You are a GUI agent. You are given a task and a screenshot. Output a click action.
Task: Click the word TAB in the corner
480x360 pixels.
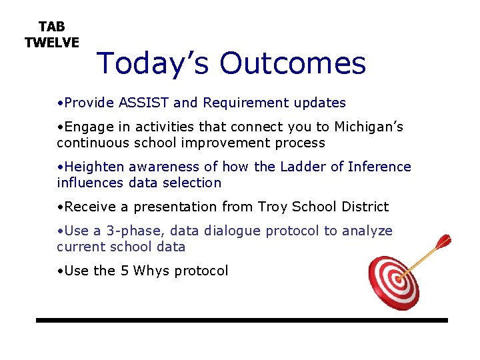pyautogui.click(x=52, y=27)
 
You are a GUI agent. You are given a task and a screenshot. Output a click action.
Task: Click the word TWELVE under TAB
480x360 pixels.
pyautogui.click(x=52, y=43)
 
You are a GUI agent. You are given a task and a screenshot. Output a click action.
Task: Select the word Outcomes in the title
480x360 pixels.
pyautogui.click(x=293, y=63)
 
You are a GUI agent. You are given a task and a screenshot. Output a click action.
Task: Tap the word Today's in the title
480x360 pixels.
pyautogui.click(x=154, y=63)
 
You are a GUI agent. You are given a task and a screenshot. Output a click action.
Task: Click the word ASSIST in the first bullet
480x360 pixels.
pyautogui.click(x=143, y=103)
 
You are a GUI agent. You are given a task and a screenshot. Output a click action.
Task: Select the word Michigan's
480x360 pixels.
pyautogui.click(x=369, y=127)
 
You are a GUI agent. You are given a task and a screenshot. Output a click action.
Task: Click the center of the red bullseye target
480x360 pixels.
pyautogui.click(x=395, y=282)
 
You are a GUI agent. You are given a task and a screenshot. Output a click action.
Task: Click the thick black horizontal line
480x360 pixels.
pyautogui.click(x=241, y=321)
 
